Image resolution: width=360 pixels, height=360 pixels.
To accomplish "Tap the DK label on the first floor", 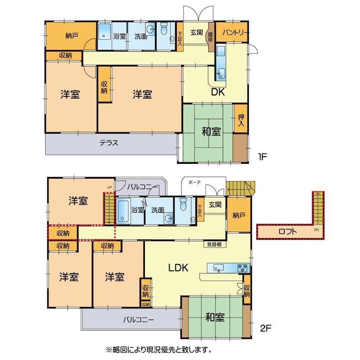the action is [218, 92].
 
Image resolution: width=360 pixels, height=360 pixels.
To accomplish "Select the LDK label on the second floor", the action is [178, 268].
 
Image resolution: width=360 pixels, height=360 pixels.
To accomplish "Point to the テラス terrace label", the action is [109, 143].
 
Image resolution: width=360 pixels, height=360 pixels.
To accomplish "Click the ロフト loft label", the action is [288, 231].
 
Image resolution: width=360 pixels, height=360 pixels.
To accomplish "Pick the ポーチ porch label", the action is [194, 182].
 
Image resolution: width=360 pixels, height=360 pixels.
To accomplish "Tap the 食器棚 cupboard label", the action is [214, 244].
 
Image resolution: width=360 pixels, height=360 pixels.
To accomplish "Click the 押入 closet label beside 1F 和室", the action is [241, 120].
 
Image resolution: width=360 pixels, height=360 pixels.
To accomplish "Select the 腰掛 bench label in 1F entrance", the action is [211, 37].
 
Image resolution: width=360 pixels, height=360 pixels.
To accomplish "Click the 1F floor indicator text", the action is [262, 157].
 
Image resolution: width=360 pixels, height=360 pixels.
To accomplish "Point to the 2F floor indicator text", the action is [265, 328].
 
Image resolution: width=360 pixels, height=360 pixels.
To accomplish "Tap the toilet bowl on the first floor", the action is [164, 28].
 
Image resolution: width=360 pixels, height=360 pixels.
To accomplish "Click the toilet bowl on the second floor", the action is [184, 204].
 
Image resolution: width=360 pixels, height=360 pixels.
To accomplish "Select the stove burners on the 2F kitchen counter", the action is [243, 268].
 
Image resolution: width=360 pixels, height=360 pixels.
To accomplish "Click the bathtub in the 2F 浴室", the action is [123, 211].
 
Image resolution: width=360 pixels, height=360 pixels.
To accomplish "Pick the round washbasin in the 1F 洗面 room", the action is [151, 29].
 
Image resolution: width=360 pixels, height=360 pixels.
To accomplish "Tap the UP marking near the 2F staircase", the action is [109, 187].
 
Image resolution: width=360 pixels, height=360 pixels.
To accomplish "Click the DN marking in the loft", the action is [316, 229].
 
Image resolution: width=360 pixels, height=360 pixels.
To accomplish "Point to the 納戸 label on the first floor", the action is [72, 36].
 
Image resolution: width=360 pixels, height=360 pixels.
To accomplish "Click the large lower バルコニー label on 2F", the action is [139, 319].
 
